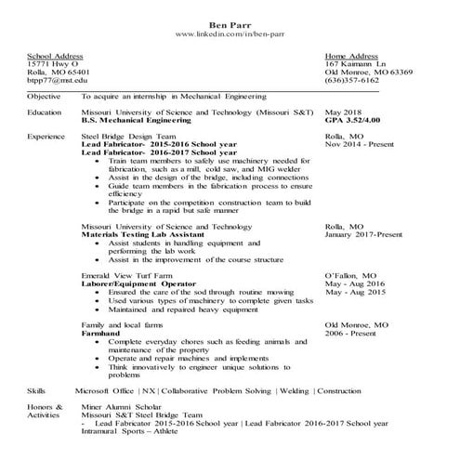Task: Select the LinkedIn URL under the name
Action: point(230,34)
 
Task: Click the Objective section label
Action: point(45,96)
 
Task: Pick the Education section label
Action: point(45,112)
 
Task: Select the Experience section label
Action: point(46,137)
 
